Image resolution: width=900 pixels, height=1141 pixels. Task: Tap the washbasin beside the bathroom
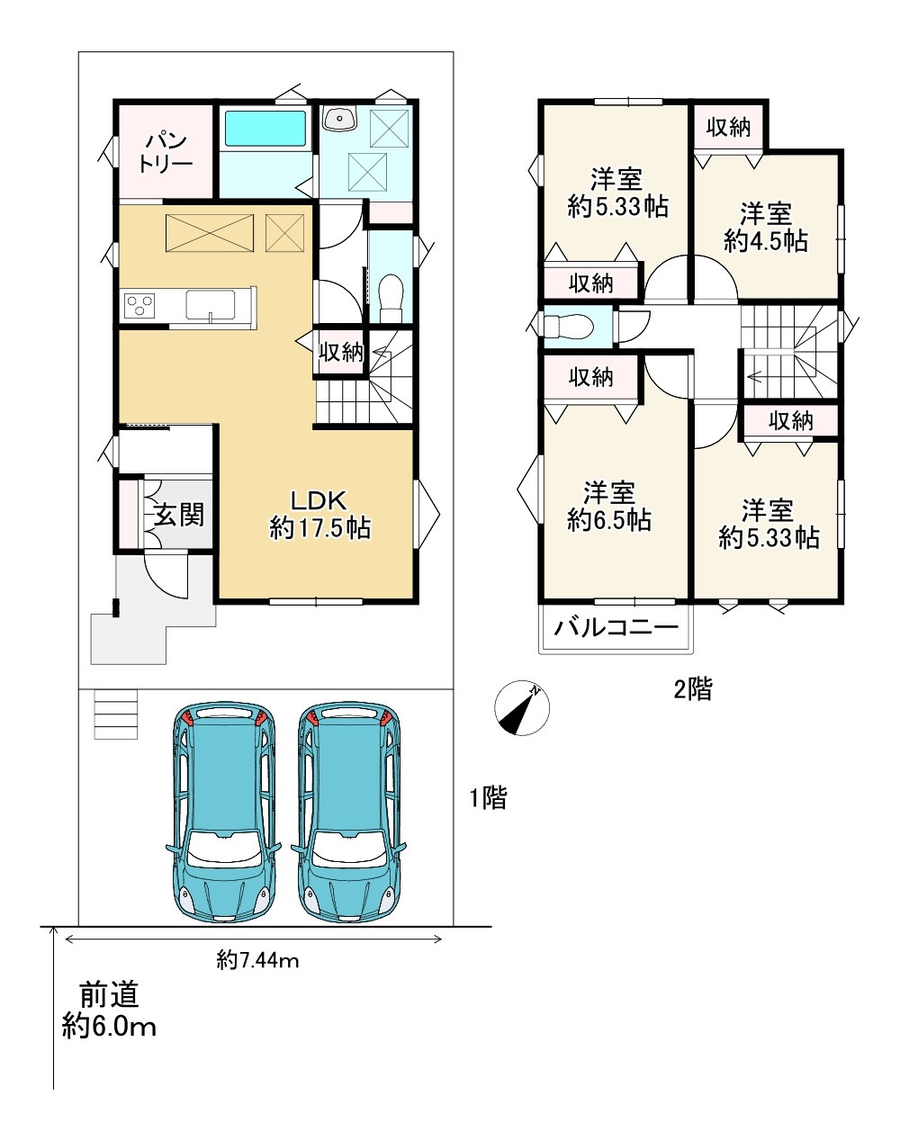[339, 118]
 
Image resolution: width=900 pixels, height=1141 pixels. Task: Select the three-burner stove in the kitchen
[139, 306]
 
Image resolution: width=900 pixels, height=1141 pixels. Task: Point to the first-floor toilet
[391, 298]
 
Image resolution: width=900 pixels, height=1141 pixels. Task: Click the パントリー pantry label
[166, 153]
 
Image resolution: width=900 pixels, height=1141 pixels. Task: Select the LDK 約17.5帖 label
[319, 515]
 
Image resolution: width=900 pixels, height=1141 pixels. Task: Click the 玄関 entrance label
[179, 515]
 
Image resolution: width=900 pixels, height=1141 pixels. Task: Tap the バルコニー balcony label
[616, 628]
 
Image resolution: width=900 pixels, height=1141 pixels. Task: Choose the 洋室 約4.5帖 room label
[765, 227]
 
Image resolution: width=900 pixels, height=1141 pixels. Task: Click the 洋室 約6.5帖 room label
[609, 507]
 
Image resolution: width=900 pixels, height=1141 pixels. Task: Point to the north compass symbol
[522, 708]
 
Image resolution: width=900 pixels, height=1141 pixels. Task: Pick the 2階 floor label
[693, 688]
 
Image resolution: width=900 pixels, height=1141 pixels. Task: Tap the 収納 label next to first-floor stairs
[341, 351]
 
